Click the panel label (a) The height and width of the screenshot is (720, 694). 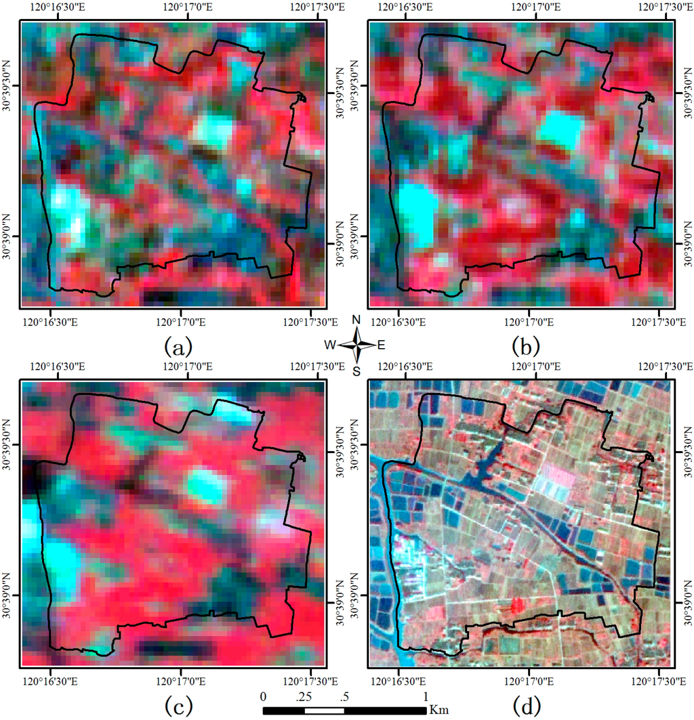(x=178, y=348)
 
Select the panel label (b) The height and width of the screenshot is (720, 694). (x=526, y=348)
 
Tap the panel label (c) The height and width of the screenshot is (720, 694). (x=178, y=706)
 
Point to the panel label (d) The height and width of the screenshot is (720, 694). (x=526, y=706)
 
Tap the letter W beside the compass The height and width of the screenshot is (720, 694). (x=329, y=345)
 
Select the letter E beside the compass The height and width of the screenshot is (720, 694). (x=381, y=345)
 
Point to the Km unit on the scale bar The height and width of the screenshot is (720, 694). (x=437, y=710)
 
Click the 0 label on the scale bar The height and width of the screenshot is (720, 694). (x=264, y=696)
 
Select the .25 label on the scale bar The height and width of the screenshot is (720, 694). (x=304, y=696)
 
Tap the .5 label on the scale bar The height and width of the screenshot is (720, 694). (x=344, y=696)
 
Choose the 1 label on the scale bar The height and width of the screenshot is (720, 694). (x=426, y=696)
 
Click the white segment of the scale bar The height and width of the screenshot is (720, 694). (x=324, y=710)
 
